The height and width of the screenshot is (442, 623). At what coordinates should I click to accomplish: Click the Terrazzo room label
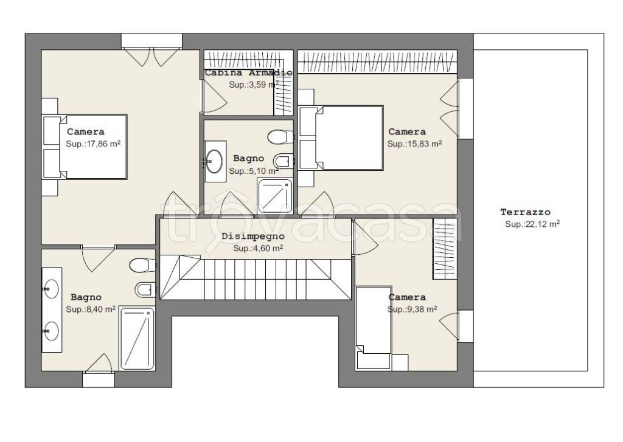[x=525, y=212]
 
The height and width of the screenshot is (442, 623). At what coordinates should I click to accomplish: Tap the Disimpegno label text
[x=253, y=236]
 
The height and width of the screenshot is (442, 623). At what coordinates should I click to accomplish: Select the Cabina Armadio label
[x=249, y=73]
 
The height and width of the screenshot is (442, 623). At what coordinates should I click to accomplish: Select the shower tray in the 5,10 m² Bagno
[x=274, y=196]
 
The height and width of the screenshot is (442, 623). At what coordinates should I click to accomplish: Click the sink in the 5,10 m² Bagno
[x=215, y=161]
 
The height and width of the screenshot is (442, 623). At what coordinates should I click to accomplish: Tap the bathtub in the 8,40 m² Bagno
[x=137, y=339]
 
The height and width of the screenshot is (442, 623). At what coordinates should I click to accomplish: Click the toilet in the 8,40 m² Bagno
[x=142, y=265]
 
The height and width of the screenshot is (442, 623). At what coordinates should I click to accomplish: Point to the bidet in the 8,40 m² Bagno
[x=145, y=289]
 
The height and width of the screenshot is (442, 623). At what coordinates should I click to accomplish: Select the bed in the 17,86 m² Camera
[x=85, y=147]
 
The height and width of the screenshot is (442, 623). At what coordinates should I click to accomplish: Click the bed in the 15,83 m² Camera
[x=341, y=138]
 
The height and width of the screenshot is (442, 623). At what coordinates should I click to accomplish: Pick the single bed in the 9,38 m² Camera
[x=374, y=328]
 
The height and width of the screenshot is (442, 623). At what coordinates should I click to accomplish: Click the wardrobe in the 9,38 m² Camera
[x=445, y=249]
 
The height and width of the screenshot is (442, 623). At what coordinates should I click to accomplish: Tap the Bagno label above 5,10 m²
[x=249, y=159]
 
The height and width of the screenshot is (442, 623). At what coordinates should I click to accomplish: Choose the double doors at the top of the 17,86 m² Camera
[x=151, y=57]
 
